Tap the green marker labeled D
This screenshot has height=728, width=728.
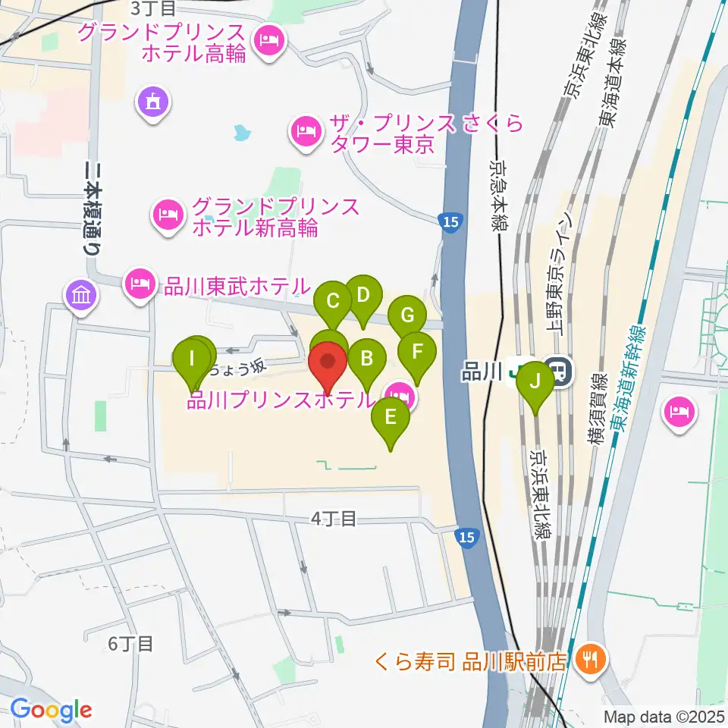coord(362,295)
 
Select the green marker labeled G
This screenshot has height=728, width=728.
coord(407,315)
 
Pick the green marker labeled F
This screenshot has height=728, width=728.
coord(417,353)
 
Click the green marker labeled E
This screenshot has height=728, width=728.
coord(391,417)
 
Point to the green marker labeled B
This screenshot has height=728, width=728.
coord(366,358)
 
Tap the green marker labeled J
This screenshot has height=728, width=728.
coord(536,381)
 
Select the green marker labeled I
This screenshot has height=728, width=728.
coord(192,356)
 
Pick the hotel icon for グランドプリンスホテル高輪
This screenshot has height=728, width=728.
coord(267,39)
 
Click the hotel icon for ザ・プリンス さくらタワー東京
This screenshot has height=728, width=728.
coord(305,131)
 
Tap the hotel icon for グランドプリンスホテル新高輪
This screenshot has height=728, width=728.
coord(168,215)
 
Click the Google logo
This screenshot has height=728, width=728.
coord(51,711)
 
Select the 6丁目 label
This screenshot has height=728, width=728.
coord(130,645)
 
